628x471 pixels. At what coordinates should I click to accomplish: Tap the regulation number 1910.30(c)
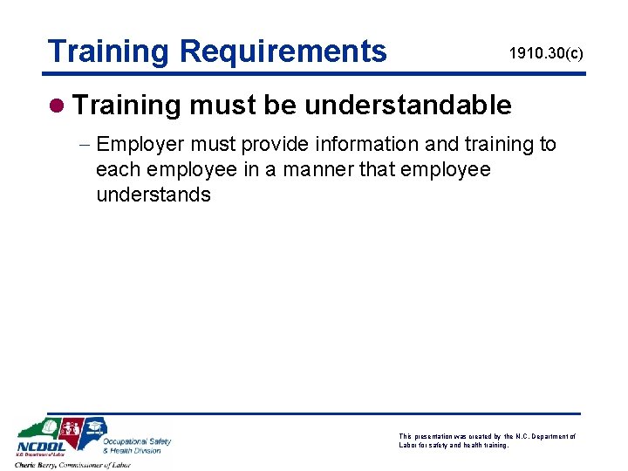tap(547, 54)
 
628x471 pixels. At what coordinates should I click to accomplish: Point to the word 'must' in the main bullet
tap(219, 106)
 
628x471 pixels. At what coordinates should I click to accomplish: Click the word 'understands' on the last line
tap(154, 195)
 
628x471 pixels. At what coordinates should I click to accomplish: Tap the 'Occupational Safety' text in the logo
tap(137, 441)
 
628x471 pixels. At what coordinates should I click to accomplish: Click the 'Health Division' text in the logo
tap(133, 450)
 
